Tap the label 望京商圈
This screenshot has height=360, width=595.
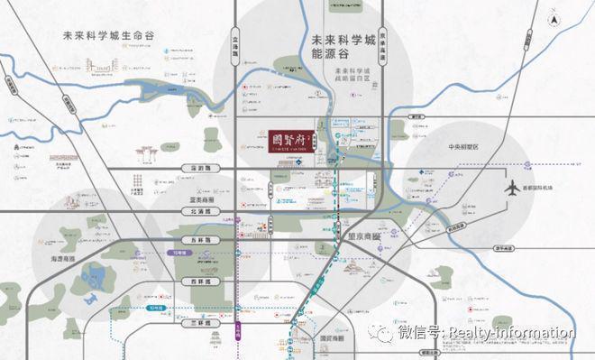click(363, 230)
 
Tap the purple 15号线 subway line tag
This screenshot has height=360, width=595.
click(179, 254)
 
